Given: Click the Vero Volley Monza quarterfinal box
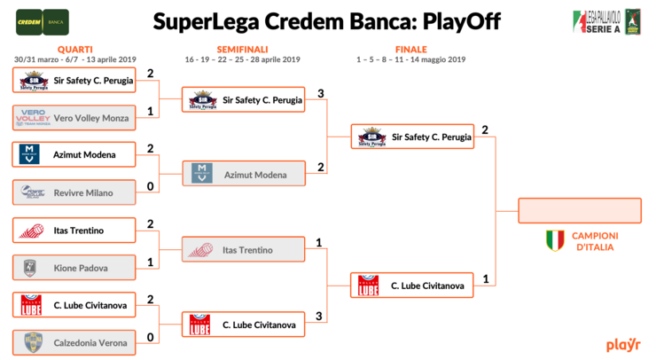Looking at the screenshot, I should point(74,118).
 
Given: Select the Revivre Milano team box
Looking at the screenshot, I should point(74,192).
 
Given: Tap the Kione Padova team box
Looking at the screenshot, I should point(74,268).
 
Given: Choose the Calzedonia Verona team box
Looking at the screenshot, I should point(74,343).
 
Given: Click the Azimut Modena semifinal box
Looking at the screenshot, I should point(243,175).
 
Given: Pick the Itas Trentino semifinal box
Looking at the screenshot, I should point(243,251).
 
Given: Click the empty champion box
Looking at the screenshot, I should point(580,210).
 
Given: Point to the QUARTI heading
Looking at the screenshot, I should point(74,50).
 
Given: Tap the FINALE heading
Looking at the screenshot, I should point(410,50).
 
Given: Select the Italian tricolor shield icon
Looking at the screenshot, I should point(555,240).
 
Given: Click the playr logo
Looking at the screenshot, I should point(623,344).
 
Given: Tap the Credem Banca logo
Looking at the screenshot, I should point(43,20).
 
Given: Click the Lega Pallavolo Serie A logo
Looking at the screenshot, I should point(606,21).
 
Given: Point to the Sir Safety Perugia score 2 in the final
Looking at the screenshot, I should point(485,130).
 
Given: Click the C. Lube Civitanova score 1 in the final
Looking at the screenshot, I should point(485,279).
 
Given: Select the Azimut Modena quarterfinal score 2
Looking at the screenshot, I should point(151,149).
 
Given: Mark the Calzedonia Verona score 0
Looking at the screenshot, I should point(151,337).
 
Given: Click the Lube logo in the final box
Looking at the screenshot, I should point(368,286).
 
